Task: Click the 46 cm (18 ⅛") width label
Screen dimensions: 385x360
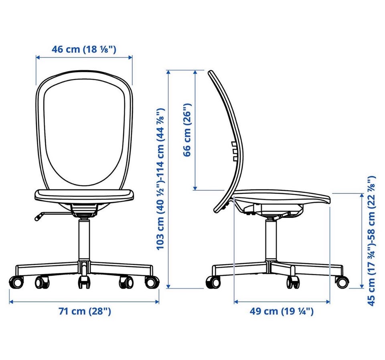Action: tap(84, 49)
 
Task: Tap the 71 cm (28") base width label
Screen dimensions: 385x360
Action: tap(85, 311)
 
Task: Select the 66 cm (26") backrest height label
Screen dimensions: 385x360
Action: tap(187, 130)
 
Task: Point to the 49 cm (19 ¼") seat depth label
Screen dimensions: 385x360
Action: tap(282, 311)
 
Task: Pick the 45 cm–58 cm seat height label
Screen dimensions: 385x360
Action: tap(371, 241)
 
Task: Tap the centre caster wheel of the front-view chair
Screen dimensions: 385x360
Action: tap(84, 283)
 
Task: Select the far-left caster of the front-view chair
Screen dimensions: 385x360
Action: tap(16, 282)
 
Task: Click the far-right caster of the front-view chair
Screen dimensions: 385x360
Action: tap(152, 282)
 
